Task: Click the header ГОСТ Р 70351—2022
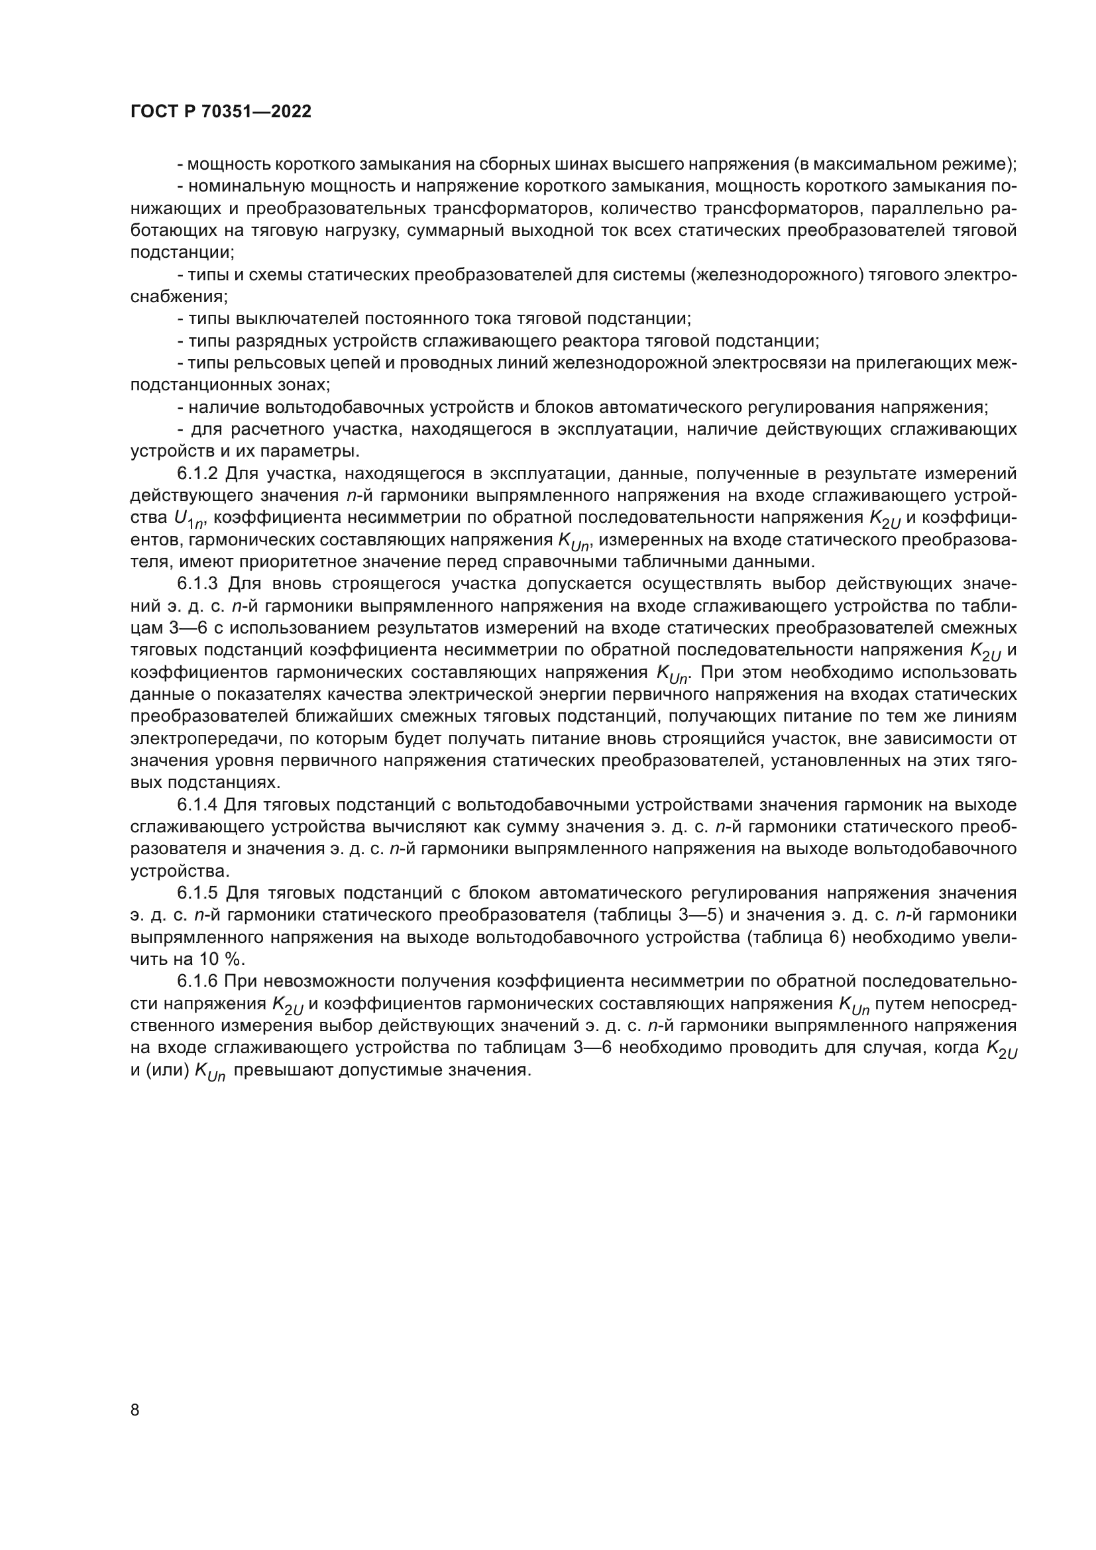tap(221, 112)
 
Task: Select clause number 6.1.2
tap(197, 474)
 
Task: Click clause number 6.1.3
tap(198, 584)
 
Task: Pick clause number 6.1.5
tap(197, 893)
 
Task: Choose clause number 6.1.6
tap(197, 981)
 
